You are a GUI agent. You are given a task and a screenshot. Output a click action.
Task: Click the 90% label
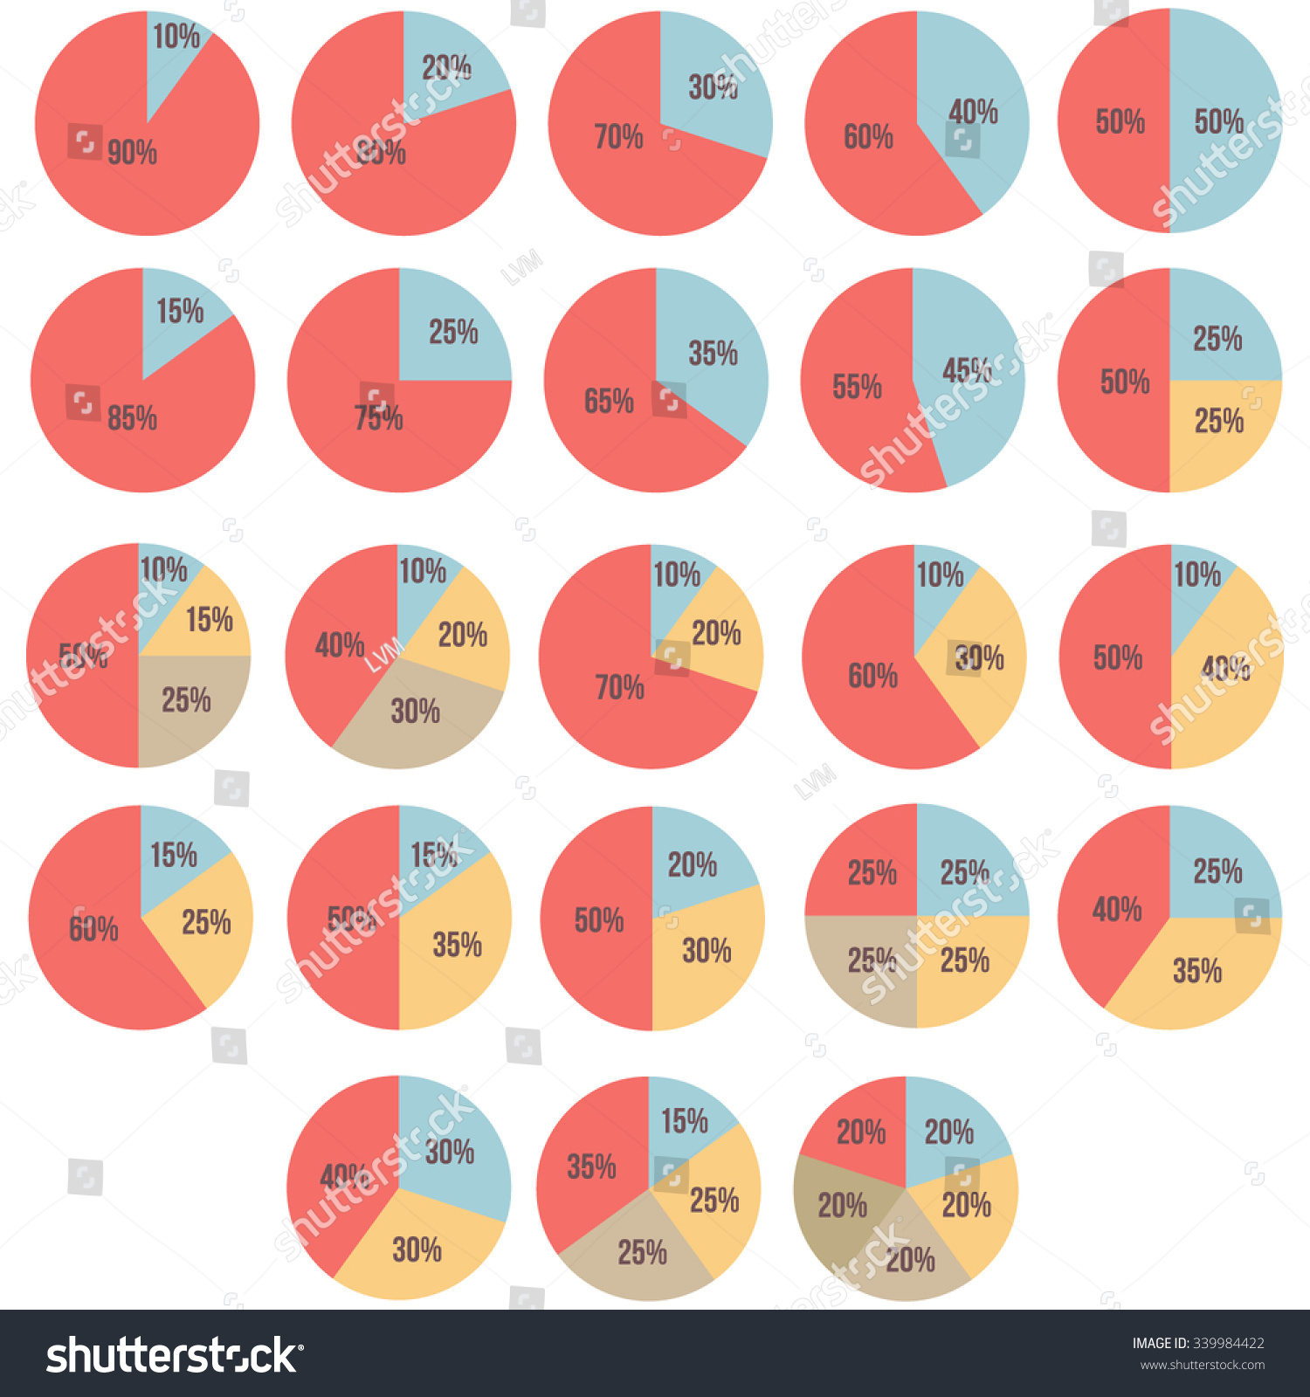point(132,153)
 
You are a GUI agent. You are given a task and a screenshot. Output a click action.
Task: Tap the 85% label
point(132,418)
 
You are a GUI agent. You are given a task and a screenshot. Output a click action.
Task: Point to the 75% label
point(378,418)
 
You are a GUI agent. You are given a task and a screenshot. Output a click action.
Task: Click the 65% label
point(609,402)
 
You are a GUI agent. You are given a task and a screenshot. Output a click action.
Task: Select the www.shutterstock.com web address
point(1203,1366)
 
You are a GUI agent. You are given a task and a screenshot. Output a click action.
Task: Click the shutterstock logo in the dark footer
point(175,1356)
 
